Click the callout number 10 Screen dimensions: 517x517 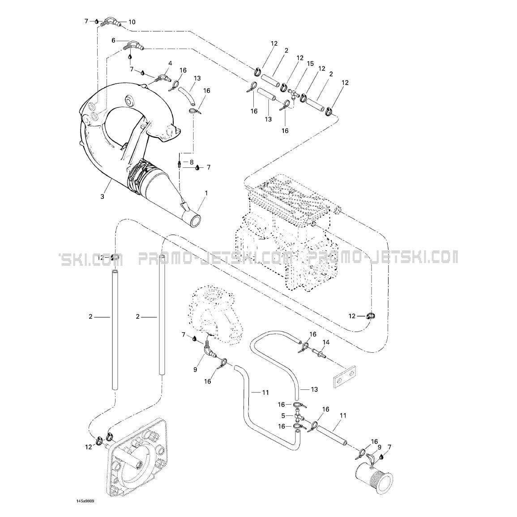click(x=132, y=22)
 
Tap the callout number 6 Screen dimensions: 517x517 click(x=114, y=40)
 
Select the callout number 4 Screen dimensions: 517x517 click(x=170, y=63)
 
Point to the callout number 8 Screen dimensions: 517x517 click(x=192, y=162)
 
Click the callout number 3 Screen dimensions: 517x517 click(x=102, y=197)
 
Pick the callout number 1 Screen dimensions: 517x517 click(x=206, y=192)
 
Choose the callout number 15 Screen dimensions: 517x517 click(x=310, y=63)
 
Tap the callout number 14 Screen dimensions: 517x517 click(x=326, y=342)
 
